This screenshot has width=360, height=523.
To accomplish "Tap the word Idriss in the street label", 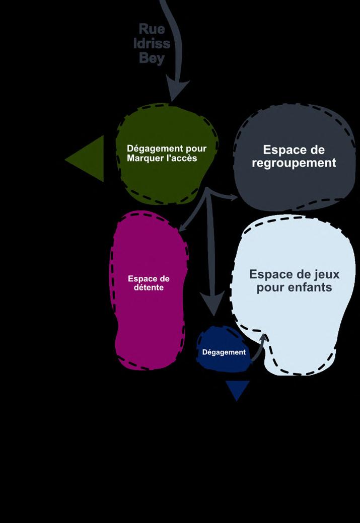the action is [x=152, y=44].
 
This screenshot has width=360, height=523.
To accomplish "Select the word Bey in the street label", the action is [x=152, y=58].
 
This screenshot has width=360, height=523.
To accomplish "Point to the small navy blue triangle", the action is [x=238, y=390].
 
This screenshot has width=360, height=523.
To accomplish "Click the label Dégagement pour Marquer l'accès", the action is [x=162, y=154].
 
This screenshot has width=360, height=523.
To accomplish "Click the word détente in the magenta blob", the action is [x=148, y=288].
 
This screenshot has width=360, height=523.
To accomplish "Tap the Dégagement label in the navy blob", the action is [x=224, y=352].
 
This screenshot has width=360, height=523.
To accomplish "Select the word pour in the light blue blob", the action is [x=273, y=288].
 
